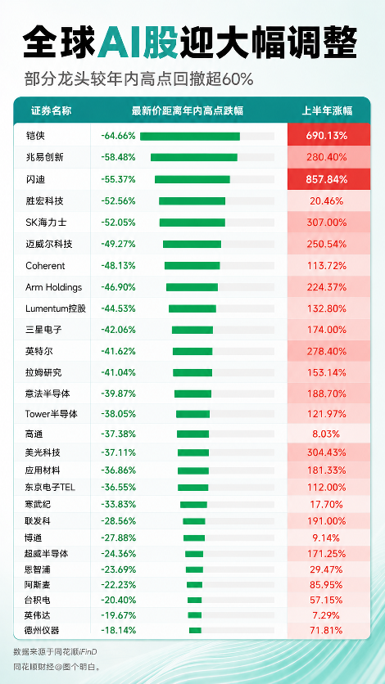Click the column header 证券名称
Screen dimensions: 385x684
(51, 111)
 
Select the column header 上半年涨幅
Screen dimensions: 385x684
(328, 111)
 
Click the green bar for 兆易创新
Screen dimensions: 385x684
(194, 157)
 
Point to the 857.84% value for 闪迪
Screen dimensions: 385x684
(327, 179)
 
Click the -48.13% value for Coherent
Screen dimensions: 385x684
(118, 266)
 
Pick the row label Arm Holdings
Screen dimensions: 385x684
(54, 287)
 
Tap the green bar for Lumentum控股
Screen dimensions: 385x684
(192, 308)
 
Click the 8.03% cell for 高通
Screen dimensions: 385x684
(327, 434)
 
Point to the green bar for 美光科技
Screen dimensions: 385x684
(193, 452)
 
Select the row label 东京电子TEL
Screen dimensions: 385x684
(50, 488)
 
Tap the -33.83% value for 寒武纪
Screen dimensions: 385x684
(118, 504)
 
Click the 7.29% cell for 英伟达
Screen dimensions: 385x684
(327, 615)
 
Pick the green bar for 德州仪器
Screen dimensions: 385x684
(195, 630)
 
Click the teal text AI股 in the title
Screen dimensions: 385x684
(138, 42)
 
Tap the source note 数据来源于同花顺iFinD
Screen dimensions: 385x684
(55, 652)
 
